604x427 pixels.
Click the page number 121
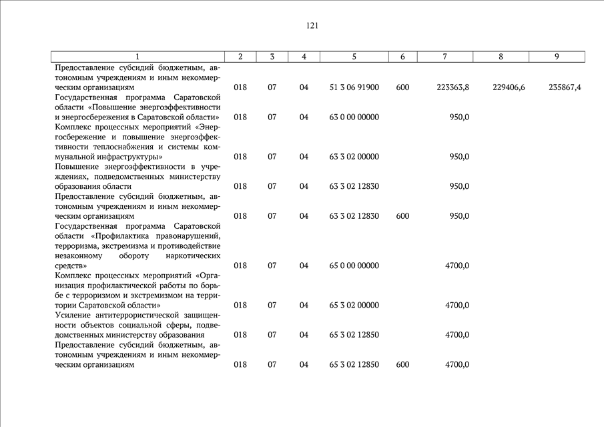(x=312, y=26)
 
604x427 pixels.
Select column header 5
(x=354, y=57)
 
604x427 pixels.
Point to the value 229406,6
(x=509, y=87)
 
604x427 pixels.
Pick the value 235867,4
(x=565, y=87)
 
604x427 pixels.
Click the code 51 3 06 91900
(x=354, y=87)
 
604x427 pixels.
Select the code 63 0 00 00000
(x=354, y=117)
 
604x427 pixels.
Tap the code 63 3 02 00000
(x=354, y=157)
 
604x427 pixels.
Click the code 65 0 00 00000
(x=354, y=266)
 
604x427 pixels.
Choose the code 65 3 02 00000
(x=354, y=306)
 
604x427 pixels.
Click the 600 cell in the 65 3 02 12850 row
(x=402, y=365)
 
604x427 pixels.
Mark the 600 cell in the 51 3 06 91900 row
(x=402, y=87)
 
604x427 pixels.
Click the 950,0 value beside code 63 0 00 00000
(x=459, y=117)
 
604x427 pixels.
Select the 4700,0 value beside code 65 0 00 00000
(x=457, y=266)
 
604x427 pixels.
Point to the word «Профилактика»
(x=121, y=236)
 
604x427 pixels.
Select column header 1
(x=137, y=57)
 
